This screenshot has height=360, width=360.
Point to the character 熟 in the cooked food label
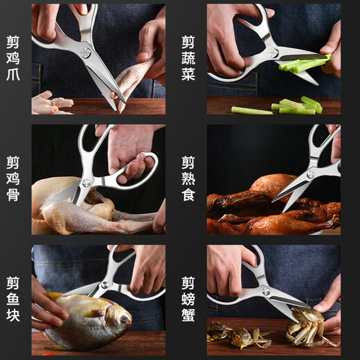188,179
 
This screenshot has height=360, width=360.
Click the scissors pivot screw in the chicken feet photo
85,51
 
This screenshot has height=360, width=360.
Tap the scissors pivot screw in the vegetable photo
273,52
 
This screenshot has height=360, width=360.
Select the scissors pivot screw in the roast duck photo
310,173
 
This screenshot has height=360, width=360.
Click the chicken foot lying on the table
52,102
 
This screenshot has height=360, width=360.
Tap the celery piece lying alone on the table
251,110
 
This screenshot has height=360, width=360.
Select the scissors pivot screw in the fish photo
105,285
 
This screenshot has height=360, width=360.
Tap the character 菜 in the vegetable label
188,75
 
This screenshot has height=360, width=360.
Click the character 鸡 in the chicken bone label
12,179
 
